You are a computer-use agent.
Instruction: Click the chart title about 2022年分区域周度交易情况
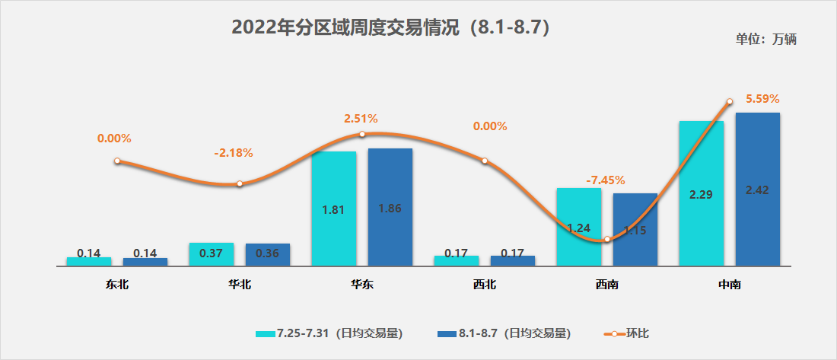[x=390, y=27]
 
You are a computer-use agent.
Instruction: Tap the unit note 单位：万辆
[x=765, y=40]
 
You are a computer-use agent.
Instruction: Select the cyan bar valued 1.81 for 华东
[x=333, y=209]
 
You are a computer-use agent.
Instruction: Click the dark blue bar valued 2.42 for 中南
[x=757, y=190]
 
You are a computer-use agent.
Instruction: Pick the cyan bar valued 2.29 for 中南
[x=701, y=194]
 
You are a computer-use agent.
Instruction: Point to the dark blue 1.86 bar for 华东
[x=390, y=207]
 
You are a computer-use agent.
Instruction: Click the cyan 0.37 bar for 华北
[x=211, y=254]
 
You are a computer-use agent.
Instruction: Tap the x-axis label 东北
[x=117, y=285]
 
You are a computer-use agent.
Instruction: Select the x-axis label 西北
[x=485, y=285]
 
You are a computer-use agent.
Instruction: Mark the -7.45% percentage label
[x=606, y=180]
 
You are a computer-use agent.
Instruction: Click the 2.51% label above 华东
[x=361, y=119]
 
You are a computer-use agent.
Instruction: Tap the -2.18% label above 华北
[x=234, y=153]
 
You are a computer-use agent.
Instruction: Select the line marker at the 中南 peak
[x=730, y=101]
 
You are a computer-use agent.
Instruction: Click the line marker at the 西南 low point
[x=607, y=240]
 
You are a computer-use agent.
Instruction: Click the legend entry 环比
[x=627, y=333]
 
